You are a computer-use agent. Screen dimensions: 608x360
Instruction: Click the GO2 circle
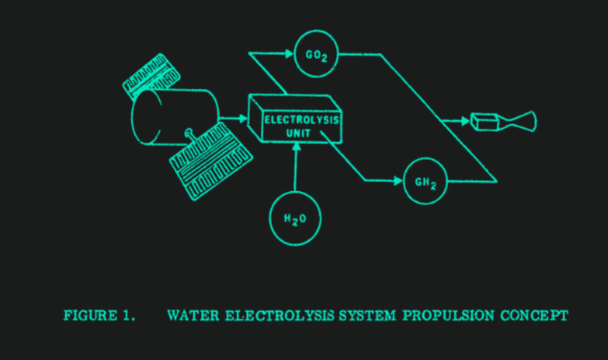[316, 53]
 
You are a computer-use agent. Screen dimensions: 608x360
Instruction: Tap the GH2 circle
[425, 181]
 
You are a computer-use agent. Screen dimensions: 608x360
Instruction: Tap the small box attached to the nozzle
[484, 122]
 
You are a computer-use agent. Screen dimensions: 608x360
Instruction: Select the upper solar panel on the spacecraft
[151, 76]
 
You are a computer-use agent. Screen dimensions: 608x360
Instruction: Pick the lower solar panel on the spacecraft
[211, 161]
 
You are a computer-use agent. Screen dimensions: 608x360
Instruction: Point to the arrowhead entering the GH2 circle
[398, 181]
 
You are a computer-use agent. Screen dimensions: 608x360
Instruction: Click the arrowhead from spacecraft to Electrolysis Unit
[244, 119]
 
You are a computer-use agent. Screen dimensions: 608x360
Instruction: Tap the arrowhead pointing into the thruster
[466, 121]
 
